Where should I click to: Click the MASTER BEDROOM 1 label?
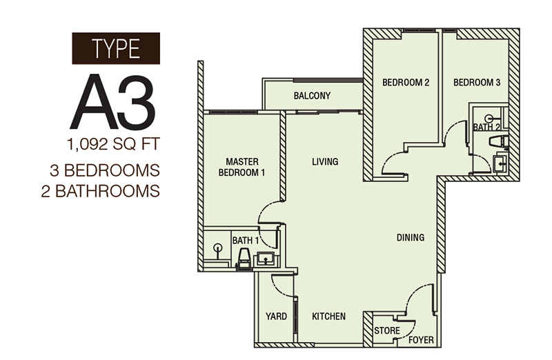[242, 167]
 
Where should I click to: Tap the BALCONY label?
[313, 96]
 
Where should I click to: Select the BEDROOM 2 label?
[406, 83]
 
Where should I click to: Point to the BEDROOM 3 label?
[477, 83]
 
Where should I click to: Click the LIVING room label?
[325, 162]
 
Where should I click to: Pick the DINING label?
[411, 238]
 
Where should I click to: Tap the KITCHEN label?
[329, 317]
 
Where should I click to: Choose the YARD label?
[277, 317]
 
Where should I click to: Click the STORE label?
[387, 331]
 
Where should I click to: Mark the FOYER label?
[422, 340]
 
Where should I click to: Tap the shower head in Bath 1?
[218, 248]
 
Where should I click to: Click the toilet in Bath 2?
[499, 141]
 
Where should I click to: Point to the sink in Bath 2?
[500, 162]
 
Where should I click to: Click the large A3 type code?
[112, 102]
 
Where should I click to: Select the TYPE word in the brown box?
[116, 48]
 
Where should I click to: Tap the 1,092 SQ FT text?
[113, 144]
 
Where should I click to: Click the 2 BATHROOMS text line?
[101, 192]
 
